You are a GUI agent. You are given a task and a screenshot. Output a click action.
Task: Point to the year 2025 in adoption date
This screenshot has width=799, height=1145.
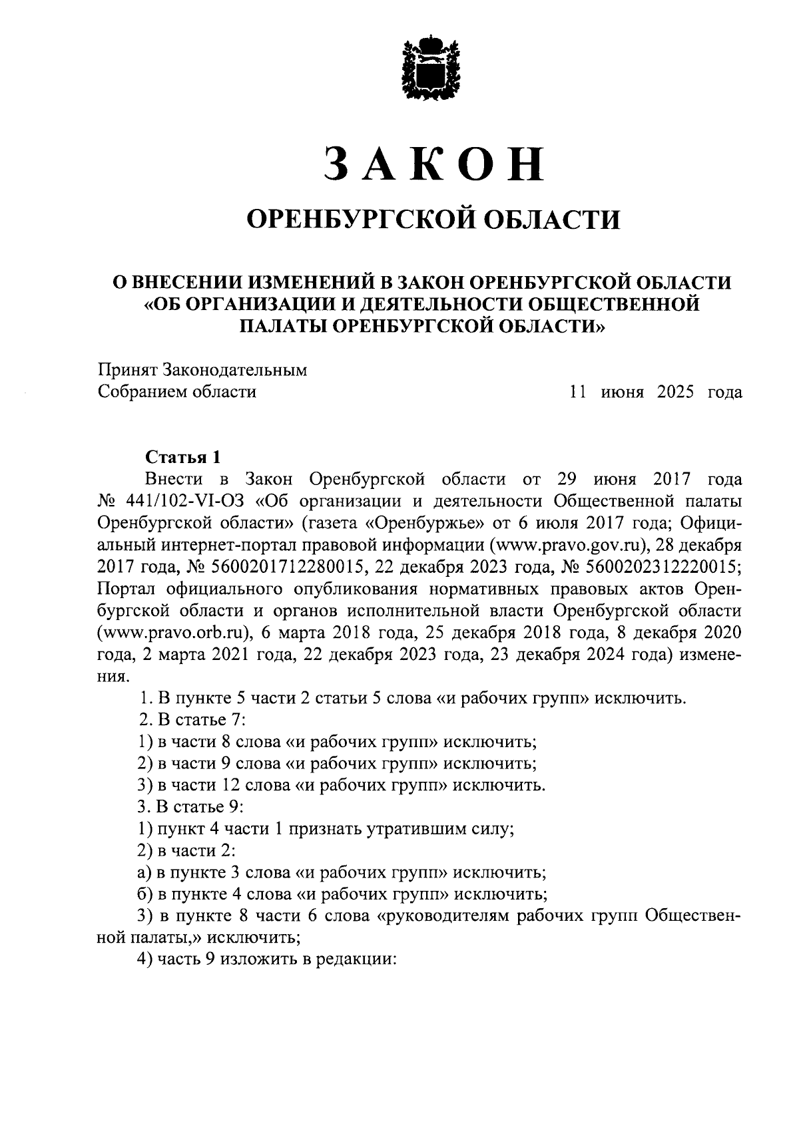point(675,392)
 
